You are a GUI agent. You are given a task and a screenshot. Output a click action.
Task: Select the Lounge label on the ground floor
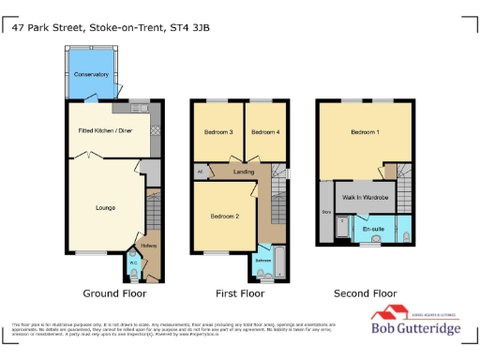[x=105, y=207]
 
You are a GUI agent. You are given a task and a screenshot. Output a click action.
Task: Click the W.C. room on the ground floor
[x=133, y=265]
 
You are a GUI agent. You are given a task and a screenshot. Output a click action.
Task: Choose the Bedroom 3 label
[x=218, y=132]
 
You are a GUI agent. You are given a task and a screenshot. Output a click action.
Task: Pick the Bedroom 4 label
[x=265, y=132]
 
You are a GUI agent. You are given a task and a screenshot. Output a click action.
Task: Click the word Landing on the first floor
[x=245, y=171]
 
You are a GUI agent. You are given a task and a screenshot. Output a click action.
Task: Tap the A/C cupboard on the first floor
[x=201, y=172]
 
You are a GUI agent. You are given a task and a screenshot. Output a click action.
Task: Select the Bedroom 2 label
[x=225, y=217]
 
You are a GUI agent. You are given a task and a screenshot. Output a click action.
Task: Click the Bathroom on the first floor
[x=264, y=261]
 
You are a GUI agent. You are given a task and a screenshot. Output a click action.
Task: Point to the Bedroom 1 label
[x=366, y=132]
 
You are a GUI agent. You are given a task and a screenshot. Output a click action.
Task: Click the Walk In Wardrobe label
[x=363, y=197]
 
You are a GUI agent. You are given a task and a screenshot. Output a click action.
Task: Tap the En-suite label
[x=373, y=228]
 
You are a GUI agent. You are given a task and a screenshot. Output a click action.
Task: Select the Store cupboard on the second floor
[x=327, y=213]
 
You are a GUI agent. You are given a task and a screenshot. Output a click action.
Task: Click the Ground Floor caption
[x=114, y=293]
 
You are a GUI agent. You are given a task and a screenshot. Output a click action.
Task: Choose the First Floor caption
[x=239, y=293]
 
